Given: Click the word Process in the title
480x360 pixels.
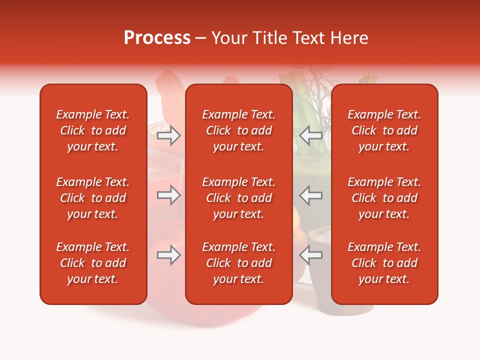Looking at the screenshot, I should [x=157, y=38].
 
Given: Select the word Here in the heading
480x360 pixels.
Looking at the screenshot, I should [x=349, y=38].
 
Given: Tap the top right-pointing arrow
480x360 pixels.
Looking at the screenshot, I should [x=169, y=135].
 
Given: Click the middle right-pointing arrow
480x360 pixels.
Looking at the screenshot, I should [x=169, y=195].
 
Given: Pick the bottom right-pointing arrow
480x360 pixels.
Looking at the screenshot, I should [x=169, y=255].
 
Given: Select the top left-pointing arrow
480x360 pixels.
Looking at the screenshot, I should [x=310, y=135].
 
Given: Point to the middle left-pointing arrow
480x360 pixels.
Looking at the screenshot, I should [x=310, y=195].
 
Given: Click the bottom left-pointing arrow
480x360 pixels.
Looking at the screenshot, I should [x=310, y=255].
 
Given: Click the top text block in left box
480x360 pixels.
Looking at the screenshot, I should [x=93, y=130].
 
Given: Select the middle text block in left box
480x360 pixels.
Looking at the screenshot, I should [x=93, y=198].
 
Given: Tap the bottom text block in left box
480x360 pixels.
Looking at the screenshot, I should [x=93, y=263].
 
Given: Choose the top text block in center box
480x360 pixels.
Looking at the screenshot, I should [x=239, y=130].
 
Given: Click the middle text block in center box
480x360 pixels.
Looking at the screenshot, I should [x=239, y=198].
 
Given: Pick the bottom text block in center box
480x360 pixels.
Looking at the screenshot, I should [x=239, y=263].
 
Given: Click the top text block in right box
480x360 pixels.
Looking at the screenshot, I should [x=384, y=130].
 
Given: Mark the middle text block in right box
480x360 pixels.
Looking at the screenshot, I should [x=384, y=198].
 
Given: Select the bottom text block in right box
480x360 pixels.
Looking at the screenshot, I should [x=384, y=263].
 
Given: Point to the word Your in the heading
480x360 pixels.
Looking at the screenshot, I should [x=228, y=38].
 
